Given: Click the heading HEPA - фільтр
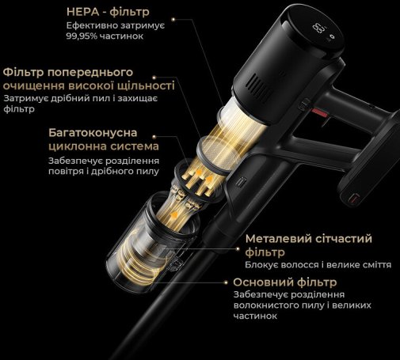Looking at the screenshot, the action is [108, 12].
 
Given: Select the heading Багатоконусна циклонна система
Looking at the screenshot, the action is [104, 139].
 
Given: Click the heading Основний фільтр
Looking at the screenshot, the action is [285, 282].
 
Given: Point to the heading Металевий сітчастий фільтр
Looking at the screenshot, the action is [308, 245].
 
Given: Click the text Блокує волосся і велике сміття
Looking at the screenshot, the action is [318, 265].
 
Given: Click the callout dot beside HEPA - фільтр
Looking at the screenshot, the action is [173, 19].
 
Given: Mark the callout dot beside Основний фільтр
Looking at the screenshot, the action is [226, 282].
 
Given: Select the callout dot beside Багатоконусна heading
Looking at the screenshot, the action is [154, 137].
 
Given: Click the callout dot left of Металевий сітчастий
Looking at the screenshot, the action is [238, 248].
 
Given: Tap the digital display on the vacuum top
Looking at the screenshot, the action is [318, 28].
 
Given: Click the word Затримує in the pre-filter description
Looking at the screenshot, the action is [22, 99].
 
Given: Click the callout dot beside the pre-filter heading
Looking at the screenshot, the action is [154, 78].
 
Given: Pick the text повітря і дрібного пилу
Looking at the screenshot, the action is [104, 172].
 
